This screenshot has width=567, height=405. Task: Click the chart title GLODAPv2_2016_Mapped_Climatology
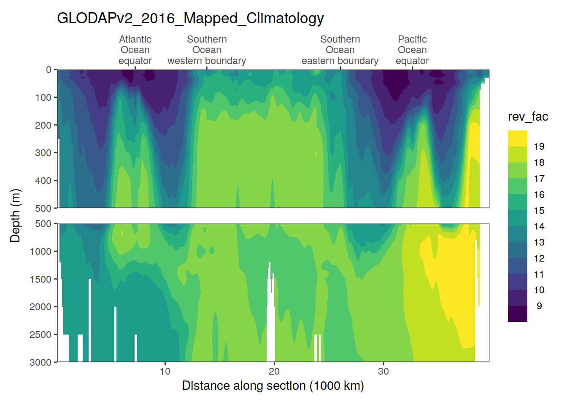(x=190, y=19)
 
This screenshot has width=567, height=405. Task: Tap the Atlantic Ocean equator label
(x=135, y=50)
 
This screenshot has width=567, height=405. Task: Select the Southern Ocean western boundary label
(x=207, y=50)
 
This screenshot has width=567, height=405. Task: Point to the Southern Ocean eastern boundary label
(x=340, y=50)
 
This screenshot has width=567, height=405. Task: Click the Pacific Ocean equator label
(x=412, y=50)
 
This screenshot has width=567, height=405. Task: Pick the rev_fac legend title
(x=528, y=117)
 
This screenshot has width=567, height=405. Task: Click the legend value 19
(x=539, y=147)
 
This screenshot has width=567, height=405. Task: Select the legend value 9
(x=539, y=306)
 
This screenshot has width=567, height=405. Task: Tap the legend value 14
(x=539, y=227)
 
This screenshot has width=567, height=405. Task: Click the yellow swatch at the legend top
(x=518, y=138)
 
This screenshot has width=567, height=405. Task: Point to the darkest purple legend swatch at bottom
(x=518, y=314)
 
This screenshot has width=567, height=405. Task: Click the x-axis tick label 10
(x=165, y=372)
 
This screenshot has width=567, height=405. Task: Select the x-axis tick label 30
(x=383, y=372)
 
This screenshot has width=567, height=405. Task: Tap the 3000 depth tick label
(x=40, y=362)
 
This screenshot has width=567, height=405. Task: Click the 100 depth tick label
(x=43, y=98)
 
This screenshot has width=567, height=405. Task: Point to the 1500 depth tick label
(x=40, y=279)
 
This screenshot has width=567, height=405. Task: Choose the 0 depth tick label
(x=49, y=70)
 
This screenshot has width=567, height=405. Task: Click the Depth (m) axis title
(x=15, y=216)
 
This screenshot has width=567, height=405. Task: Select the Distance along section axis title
(x=273, y=386)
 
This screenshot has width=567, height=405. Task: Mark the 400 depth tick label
(x=43, y=181)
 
